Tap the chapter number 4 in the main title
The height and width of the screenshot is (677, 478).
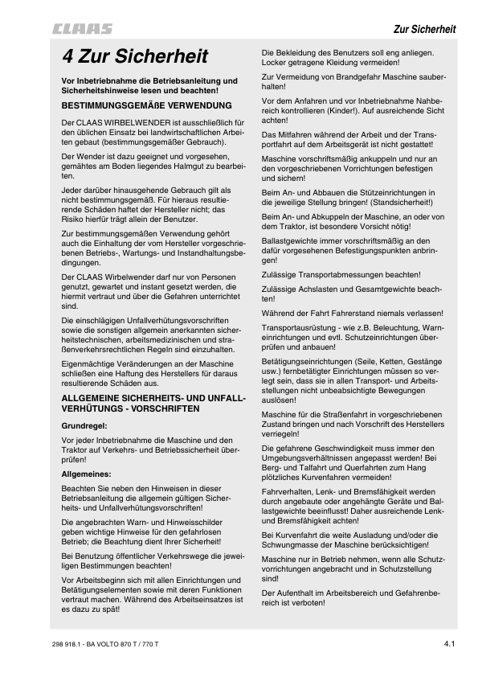pyautogui.click(x=70, y=56)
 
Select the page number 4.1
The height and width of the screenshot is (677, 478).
pyautogui.click(x=449, y=642)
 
